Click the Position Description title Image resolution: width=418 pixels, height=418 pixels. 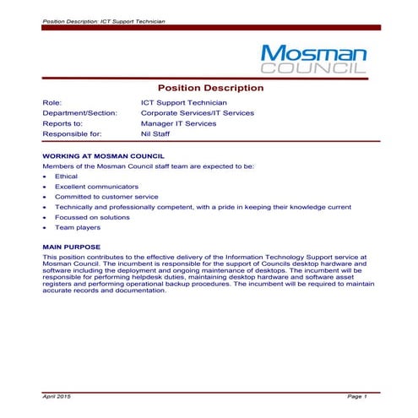coord(210,88)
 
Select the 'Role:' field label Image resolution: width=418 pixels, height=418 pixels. coord(52,102)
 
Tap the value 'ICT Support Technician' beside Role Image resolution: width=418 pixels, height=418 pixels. coord(184,102)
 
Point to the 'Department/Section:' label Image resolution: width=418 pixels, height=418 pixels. coord(79,112)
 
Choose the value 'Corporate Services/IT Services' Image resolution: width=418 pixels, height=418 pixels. coord(198,112)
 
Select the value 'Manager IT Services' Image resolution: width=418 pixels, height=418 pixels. coord(178,123)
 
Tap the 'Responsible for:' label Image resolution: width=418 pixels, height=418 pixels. coord(72,133)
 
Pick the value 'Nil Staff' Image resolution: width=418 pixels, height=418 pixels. coord(157,133)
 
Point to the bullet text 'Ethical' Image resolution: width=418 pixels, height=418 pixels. coord(66,176)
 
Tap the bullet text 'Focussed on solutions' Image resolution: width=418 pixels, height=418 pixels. coord(92,217)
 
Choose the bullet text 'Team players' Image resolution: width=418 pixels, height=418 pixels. coord(78,227)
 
